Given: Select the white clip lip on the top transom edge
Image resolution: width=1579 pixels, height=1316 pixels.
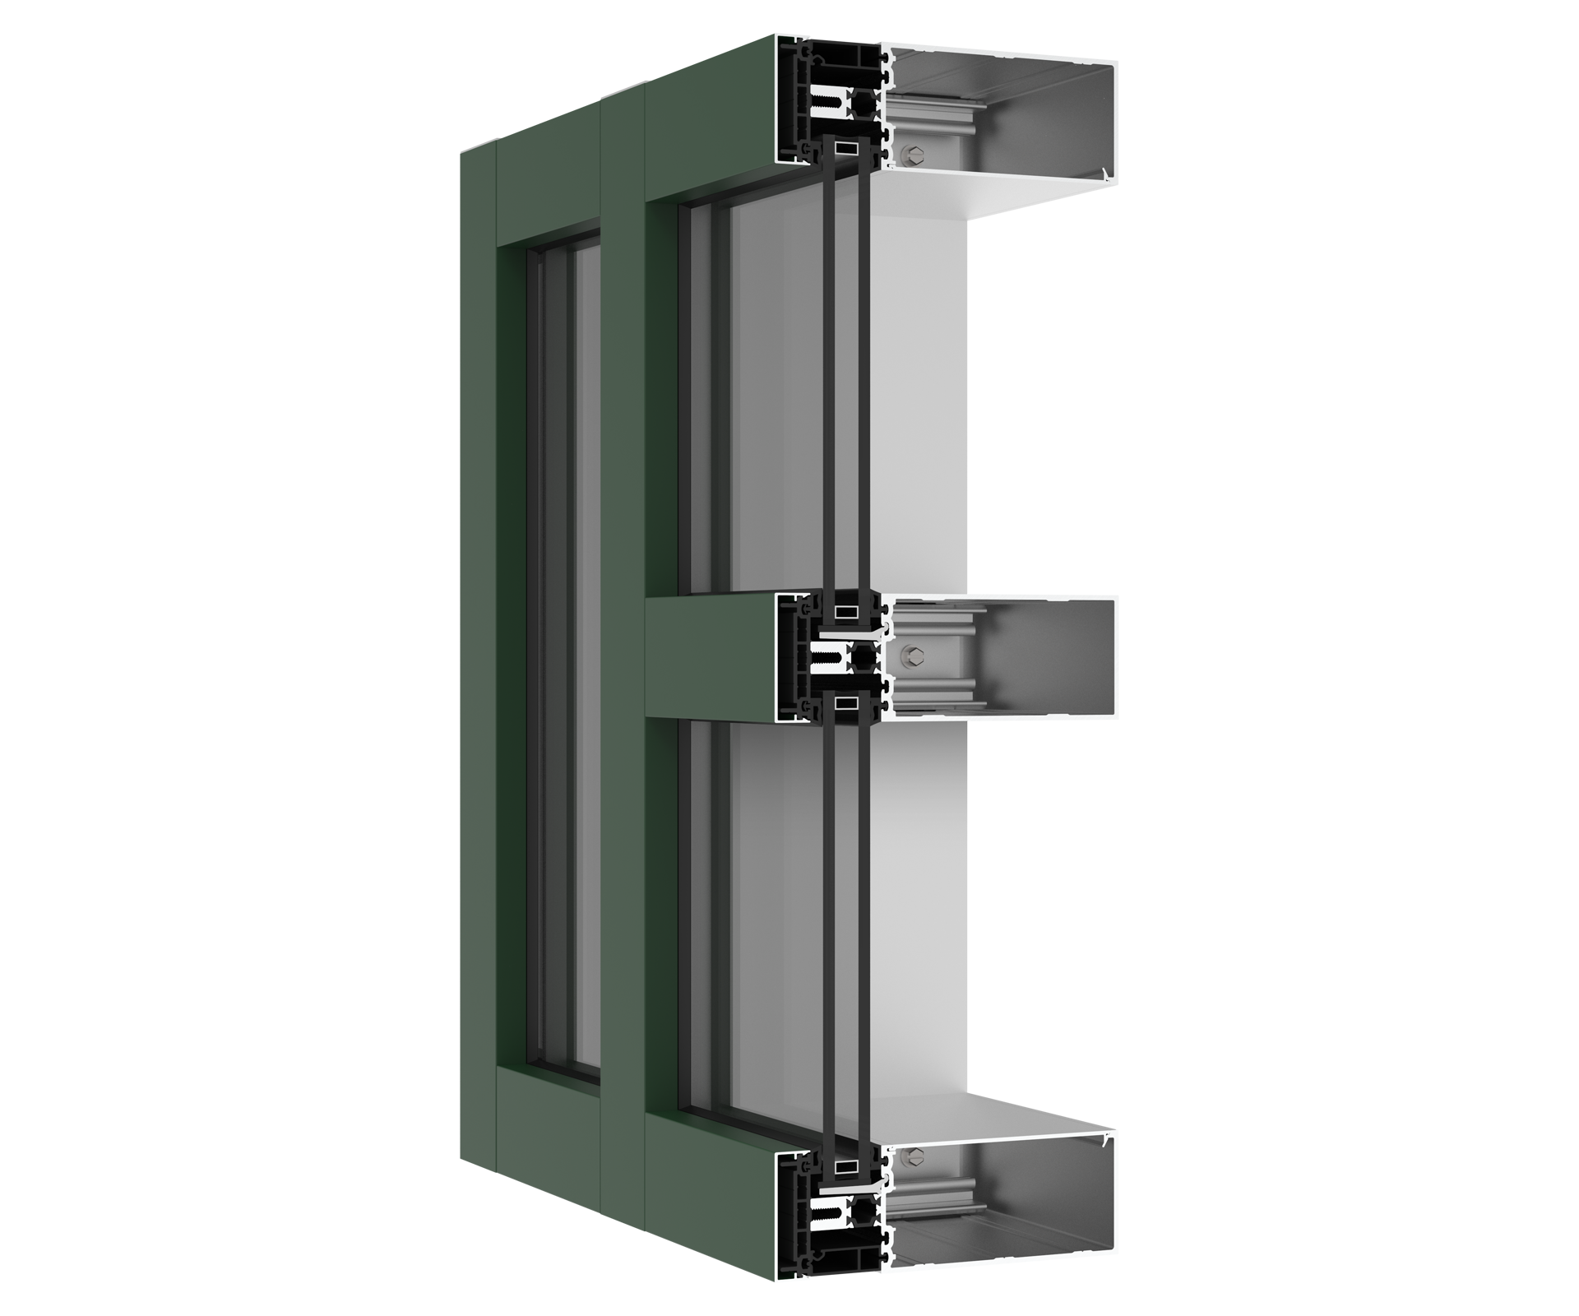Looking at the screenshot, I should click(x=1105, y=174).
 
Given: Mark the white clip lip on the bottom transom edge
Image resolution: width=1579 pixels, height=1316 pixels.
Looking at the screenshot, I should click(x=1105, y=1141).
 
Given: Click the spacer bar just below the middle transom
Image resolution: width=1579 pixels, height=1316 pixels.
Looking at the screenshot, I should click(x=845, y=702).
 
